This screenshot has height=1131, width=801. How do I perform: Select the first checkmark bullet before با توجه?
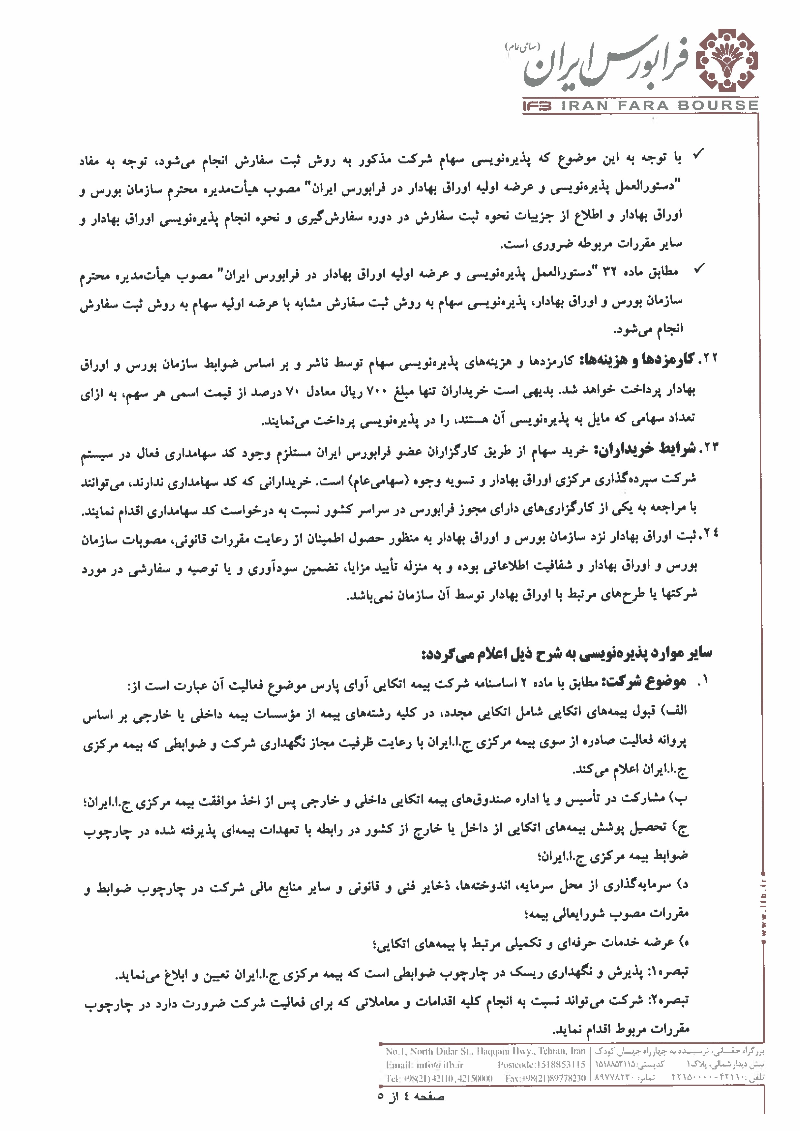point(698,156)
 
